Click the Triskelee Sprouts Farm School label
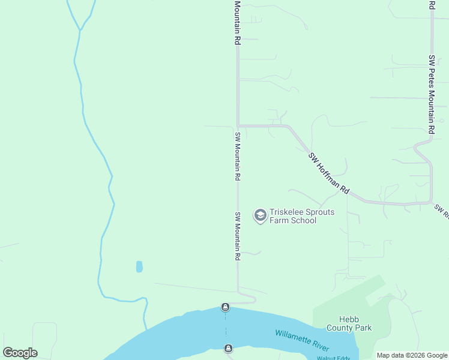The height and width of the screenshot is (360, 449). (x=293, y=216)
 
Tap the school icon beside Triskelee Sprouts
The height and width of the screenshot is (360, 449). (x=260, y=215)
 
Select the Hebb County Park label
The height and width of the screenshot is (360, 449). (x=349, y=323)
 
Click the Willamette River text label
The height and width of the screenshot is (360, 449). (x=303, y=340)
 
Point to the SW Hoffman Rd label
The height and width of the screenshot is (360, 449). (x=329, y=173)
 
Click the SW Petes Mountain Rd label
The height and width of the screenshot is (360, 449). (x=432, y=94)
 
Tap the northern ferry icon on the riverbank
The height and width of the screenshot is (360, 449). (x=225, y=307)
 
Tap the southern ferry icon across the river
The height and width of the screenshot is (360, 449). (x=228, y=349)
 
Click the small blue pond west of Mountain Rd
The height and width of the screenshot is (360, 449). (x=139, y=266)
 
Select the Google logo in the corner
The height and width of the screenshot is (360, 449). (x=20, y=353)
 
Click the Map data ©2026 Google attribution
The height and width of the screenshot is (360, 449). (x=412, y=356)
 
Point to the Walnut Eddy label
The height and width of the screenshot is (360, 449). (x=333, y=358)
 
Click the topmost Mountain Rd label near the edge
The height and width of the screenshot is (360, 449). (x=238, y=23)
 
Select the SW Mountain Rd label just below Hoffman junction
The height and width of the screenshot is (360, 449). (x=238, y=157)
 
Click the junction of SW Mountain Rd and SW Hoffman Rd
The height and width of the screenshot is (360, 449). (x=238, y=126)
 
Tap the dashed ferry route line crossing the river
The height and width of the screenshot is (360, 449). (x=226, y=328)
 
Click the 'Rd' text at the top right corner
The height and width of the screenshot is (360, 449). (x=432, y=5)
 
